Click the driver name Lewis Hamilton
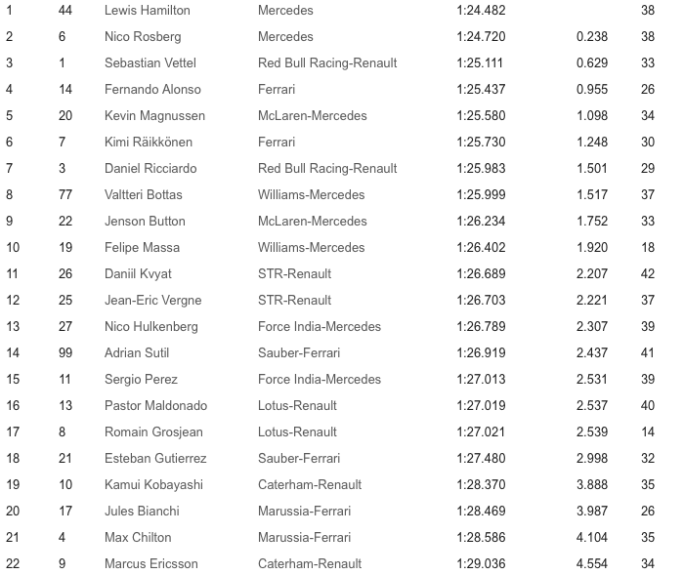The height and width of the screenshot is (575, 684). [x=147, y=10]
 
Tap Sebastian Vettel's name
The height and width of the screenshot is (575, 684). [x=150, y=62]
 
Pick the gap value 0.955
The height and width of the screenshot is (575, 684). [x=591, y=89]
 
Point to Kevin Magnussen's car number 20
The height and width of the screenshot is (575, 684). [x=65, y=115]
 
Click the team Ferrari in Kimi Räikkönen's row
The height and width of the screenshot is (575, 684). [x=277, y=142]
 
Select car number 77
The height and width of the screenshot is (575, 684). [x=65, y=194]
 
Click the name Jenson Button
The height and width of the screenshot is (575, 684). [x=145, y=221]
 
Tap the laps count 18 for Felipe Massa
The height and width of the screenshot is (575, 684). [x=647, y=247]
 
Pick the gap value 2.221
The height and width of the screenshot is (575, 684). [x=591, y=300]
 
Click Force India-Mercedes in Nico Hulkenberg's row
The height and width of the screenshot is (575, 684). [x=320, y=326]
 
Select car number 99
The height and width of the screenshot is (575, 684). [x=65, y=352]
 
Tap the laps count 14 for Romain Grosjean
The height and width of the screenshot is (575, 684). [x=647, y=431]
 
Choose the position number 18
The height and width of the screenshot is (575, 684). [x=13, y=458]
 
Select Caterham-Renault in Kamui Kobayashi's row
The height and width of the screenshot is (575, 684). [x=310, y=484]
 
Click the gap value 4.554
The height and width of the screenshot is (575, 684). [x=591, y=563]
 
